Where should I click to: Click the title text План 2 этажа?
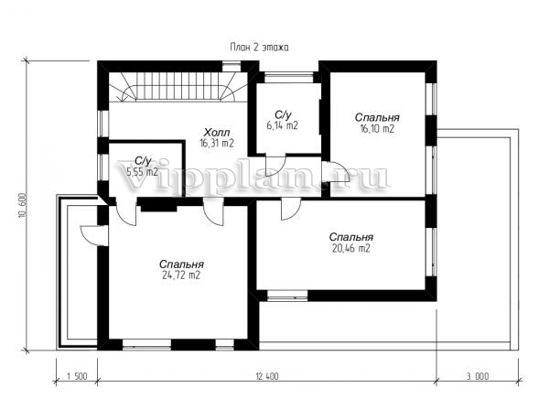tap(260, 48)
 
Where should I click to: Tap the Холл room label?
tap(217, 133)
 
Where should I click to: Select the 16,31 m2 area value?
tap(217, 143)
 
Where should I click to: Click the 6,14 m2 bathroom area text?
tap(282, 125)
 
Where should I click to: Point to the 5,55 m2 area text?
tap(142, 172)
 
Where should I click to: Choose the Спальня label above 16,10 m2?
tap(377, 118)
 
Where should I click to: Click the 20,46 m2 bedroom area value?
tap(350, 249)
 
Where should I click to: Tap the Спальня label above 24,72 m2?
tap(181, 264)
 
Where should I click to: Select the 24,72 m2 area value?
tap(181, 275)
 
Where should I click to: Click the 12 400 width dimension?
tap(267, 377)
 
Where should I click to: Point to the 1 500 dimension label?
tap(77, 377)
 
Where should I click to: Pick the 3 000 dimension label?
tap(478, 377)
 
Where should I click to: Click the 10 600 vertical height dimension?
tap(23, 206)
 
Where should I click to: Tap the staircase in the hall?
tap(178, 87)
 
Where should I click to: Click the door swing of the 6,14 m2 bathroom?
tap(275, 165)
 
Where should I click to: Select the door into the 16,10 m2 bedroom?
tap(334, 171)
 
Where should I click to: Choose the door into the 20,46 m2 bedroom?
tap(291, 209)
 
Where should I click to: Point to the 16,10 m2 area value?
tap(377, 129)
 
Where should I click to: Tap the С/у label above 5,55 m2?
tap(143, 161)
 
